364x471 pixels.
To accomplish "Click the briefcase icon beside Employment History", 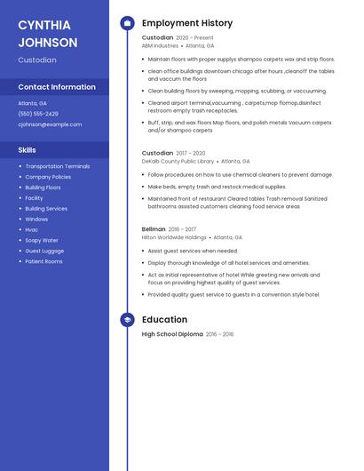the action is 128,23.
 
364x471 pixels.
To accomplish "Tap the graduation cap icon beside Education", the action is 128,320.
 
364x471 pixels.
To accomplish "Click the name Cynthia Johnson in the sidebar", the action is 48,33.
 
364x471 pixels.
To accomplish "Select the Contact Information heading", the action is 57,87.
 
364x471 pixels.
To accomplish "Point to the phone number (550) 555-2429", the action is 38,114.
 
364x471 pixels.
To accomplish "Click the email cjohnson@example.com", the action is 50,124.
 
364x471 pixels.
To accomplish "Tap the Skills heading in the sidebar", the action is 28,150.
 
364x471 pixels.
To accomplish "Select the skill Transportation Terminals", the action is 58,166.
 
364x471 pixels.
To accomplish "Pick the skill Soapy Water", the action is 42,240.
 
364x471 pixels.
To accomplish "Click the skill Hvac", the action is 32,229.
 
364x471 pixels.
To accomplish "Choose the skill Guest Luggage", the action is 44,251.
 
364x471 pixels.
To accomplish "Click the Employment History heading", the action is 187,23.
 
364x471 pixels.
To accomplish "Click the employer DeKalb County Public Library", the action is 178,161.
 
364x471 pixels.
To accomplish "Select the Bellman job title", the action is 154,229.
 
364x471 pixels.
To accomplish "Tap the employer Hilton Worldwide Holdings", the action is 174,237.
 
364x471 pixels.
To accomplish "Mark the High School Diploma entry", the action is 172,334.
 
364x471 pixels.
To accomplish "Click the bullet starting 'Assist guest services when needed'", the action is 193,251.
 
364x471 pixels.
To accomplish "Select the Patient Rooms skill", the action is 44,261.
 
